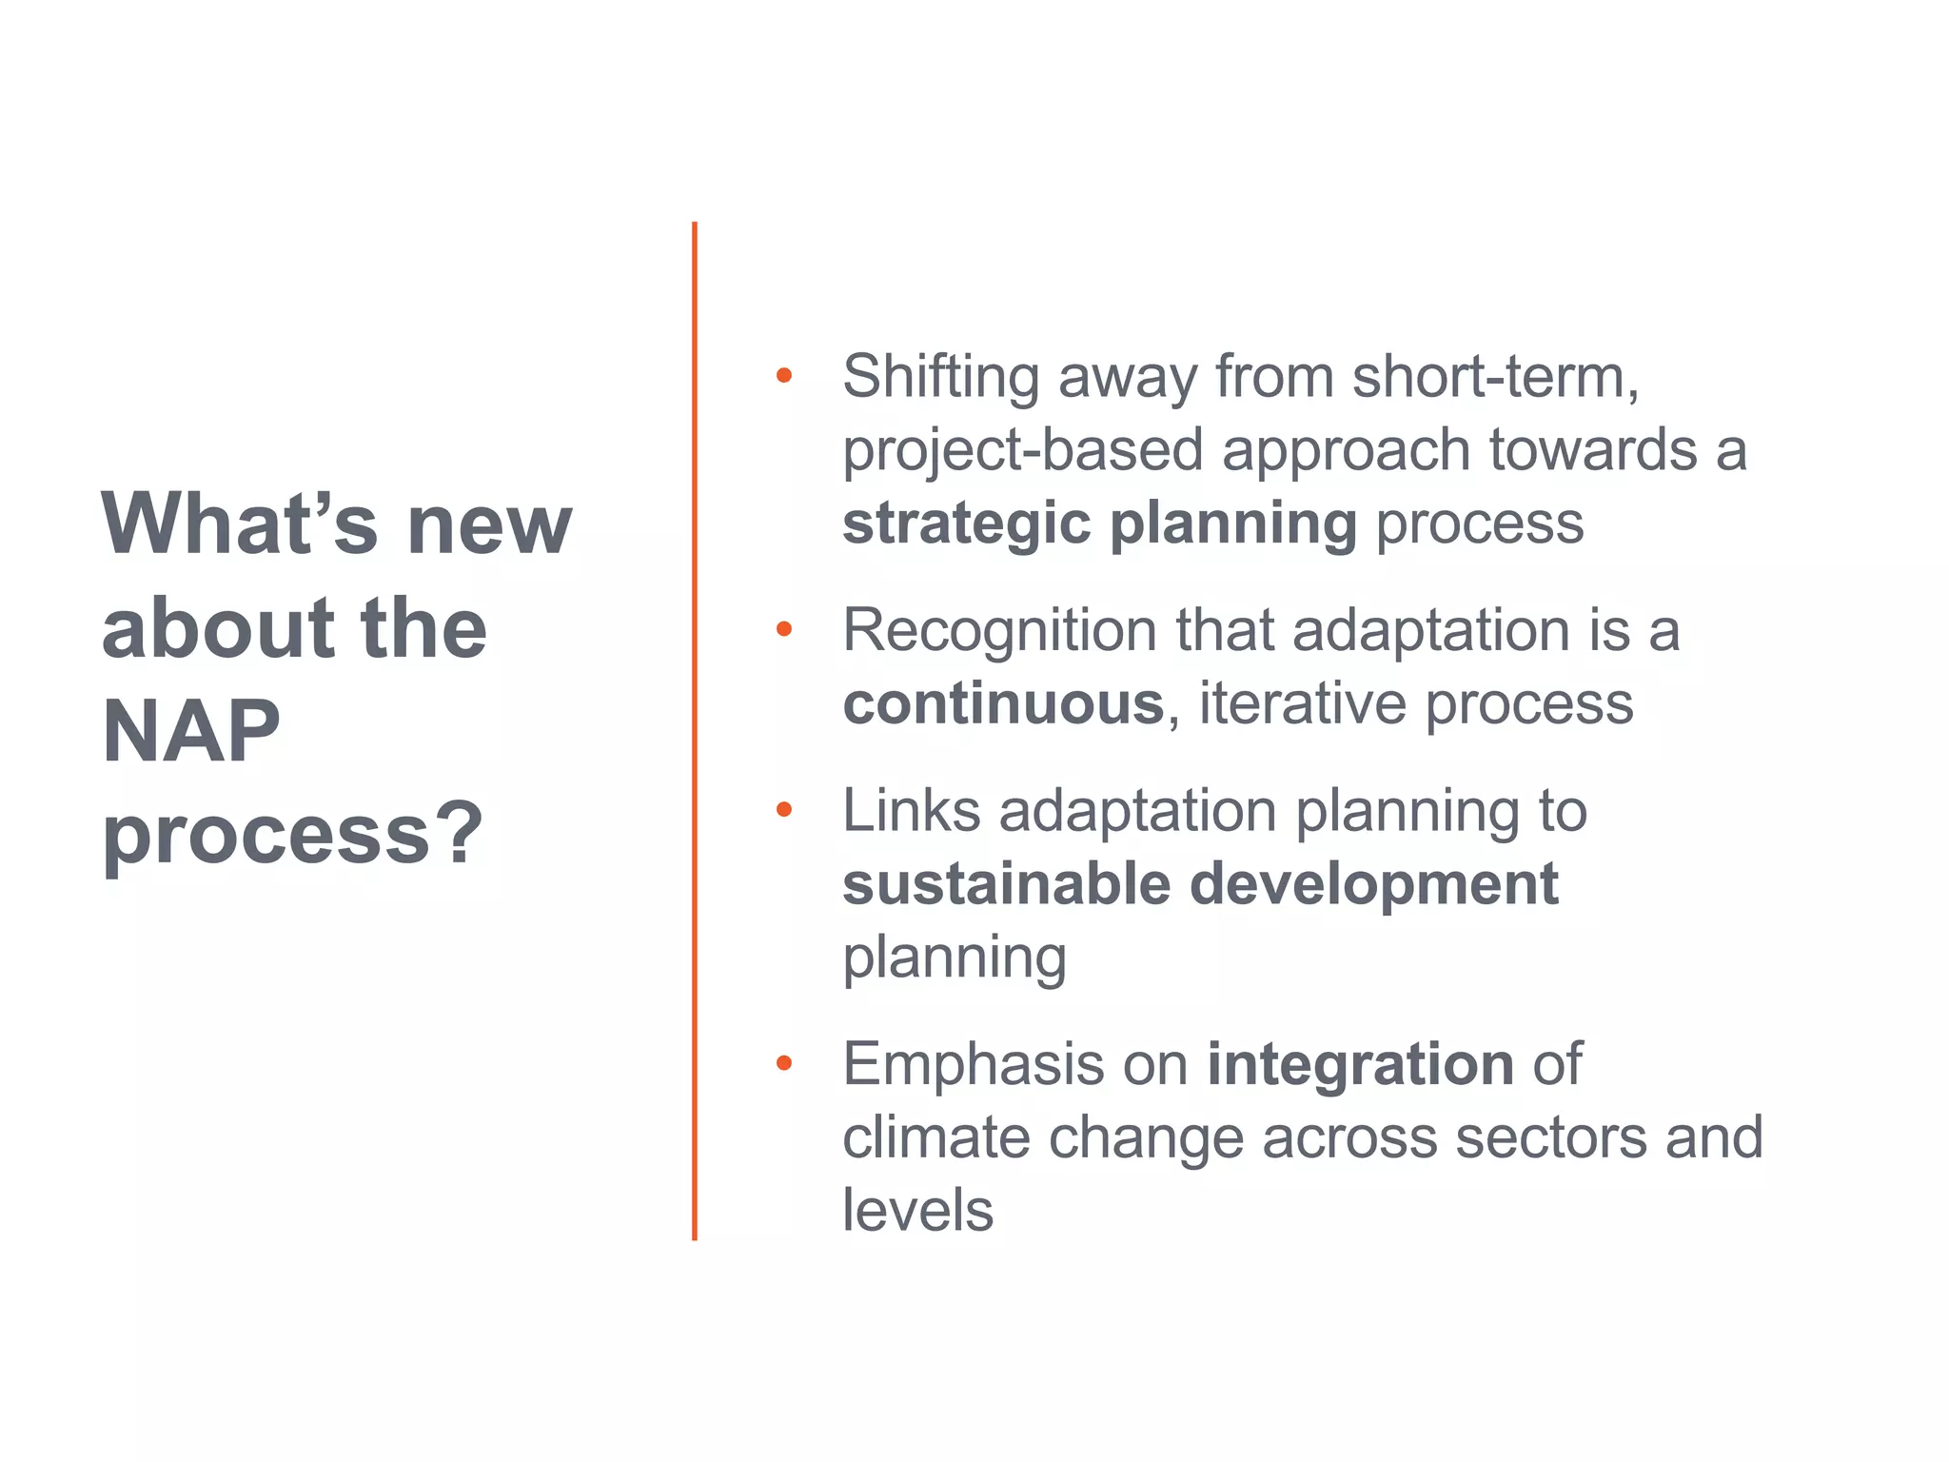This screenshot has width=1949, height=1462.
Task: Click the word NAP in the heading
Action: [x=191, y=731]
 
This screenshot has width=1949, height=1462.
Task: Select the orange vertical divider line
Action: [x=695, y=731]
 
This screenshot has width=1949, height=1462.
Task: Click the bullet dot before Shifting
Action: [x=783, y=375]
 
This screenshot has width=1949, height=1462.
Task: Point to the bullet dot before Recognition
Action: [x=783, y=628]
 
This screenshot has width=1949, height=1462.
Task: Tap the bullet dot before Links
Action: [x=783, y=809]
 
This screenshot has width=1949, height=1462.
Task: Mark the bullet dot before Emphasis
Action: [x=783, y=1062]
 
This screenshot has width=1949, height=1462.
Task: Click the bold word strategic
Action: [x=966, y=524]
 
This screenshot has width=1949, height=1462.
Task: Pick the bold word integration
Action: [x=1360, y=1063]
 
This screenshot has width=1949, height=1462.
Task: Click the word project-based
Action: [x=1023, y=449]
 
